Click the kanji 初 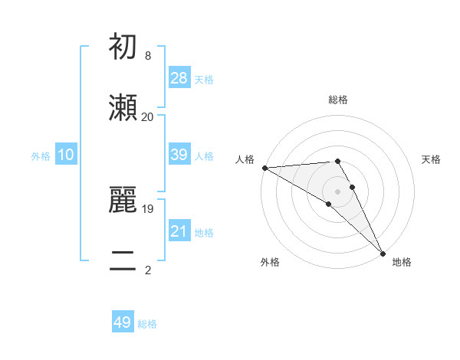coord(124,48)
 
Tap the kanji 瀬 coord(124,108)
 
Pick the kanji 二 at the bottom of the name coord(124,260)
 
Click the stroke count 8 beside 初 coord(148,56)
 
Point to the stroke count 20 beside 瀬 coord(148,116)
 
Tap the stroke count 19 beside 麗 coord(148,208)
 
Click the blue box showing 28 coord(179,78)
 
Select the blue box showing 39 coord(179,155)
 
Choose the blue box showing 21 coord(179,231)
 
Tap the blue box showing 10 coord(66,155)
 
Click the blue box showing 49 coord(123,322)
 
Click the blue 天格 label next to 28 coord(204,79)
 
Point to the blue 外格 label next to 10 coord(41,155)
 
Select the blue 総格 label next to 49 coord(147,324)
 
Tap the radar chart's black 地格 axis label coord(402,262)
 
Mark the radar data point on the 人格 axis coord(264,168)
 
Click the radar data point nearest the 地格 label coord(383,253)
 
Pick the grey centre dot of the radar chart coord(337,191)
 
